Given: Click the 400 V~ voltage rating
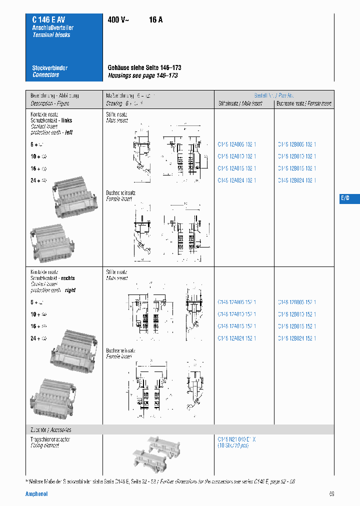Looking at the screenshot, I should (x=118, y=20).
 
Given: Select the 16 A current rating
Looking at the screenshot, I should (x=155, y=20).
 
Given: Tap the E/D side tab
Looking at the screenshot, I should (x=345, y=198).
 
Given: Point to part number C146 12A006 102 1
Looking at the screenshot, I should (x=237, y=144).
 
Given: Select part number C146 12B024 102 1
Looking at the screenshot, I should (x=297, y=180).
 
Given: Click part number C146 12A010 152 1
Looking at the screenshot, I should (x=237, y=314).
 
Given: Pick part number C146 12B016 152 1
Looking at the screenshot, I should (x=297, y=326).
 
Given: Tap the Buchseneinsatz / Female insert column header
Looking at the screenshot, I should (x=304, y=103).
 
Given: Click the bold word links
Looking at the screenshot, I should (x=66, y=120).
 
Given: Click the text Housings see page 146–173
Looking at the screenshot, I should (x=143, y=76).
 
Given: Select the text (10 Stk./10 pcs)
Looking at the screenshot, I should (x=233, y=445).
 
